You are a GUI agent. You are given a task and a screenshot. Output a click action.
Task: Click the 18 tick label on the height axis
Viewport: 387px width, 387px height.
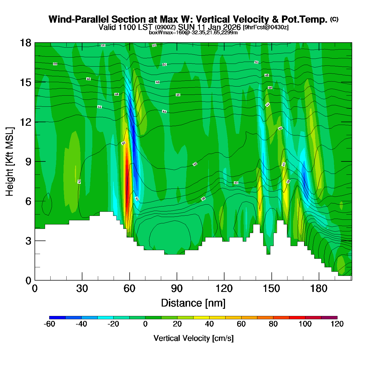pos(25,43)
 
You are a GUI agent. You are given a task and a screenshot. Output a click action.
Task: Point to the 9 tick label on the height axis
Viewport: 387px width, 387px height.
pos(28,162)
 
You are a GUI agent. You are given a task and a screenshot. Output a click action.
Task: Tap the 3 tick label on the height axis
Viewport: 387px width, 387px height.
pos(28,241)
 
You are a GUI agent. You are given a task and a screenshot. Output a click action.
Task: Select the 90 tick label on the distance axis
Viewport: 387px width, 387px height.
pos(177,289)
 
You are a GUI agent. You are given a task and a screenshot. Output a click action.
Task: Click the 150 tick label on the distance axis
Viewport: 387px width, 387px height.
pos(271,289)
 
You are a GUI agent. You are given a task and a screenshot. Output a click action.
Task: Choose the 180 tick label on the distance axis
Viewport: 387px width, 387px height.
pos(319,289)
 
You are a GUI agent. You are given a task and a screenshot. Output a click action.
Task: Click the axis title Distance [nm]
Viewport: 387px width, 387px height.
pos(193,303)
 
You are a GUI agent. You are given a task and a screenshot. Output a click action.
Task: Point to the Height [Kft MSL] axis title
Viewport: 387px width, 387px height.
pos(10,162)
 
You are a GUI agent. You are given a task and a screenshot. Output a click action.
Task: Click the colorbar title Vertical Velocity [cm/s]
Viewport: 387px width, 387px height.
pos(193,338)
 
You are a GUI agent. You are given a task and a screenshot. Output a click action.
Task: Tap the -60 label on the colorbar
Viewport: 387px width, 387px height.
pos(49,324)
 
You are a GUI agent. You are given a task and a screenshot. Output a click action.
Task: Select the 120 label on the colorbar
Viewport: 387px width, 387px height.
pos(337,324)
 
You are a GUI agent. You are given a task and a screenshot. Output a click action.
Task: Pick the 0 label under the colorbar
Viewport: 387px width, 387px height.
pos(145,324)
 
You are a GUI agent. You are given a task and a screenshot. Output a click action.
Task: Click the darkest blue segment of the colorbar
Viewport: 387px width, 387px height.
pos(57,317)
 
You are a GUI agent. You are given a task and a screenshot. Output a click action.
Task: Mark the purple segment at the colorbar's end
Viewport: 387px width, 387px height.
pos(329,317)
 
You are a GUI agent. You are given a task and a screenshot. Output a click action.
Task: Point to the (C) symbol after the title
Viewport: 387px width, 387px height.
pos(334,19)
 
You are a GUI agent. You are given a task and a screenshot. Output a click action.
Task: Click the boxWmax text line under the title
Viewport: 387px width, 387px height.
pos(193,32)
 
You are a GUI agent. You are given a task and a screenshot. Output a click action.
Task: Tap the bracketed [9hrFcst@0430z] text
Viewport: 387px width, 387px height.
pos(266,27)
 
